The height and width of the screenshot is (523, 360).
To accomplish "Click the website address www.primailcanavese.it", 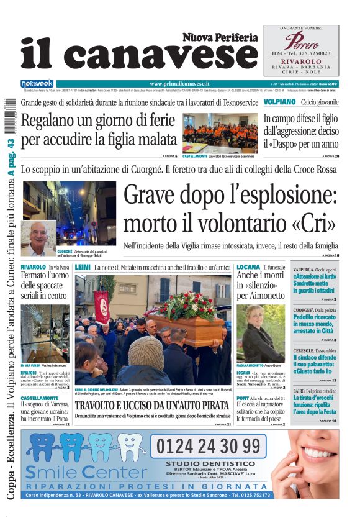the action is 179,83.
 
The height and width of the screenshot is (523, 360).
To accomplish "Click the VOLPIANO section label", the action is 279,101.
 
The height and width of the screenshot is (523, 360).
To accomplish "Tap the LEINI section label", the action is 83,266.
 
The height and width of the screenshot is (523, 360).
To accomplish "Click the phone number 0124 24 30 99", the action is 207,445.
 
